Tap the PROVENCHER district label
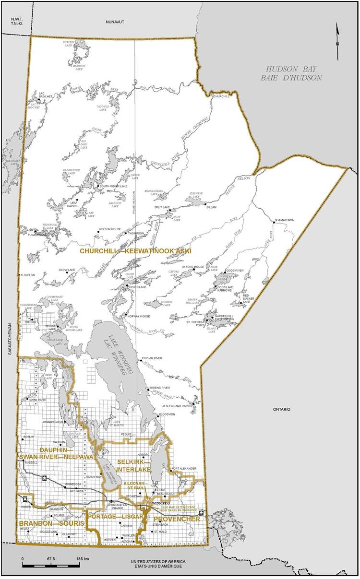177,519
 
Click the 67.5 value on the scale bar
51,559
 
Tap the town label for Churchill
221,96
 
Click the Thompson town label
136,233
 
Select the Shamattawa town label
284,220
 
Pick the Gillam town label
211,207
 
